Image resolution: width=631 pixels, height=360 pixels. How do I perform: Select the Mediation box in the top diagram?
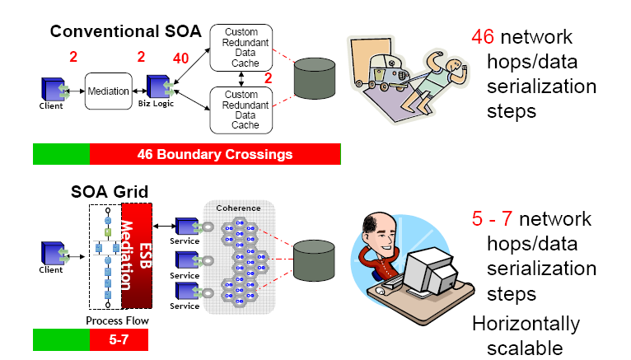pyautogui.click(x=108, y=91)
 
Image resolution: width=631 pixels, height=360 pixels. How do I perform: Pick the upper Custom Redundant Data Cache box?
pyautogui.click(x=241, y=46)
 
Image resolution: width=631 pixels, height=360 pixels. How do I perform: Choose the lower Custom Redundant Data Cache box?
pyautogui.click(x=241, y=110)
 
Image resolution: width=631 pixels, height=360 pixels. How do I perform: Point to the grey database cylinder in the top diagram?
pyautogui.click(x=315, y=81)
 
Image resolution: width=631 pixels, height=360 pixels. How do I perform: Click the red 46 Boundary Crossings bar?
pyautogui.click(x=214, y=154)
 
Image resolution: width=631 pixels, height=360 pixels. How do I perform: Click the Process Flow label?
pyautogui.click(x=110, y=320)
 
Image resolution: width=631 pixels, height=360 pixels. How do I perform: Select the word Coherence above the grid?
pyautogui.click(x=239, y=208)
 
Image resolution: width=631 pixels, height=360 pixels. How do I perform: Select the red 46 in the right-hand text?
pyautogui.click(x=483, y=37)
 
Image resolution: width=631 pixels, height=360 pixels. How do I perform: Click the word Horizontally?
pyautogui.click(x=526, y=324)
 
